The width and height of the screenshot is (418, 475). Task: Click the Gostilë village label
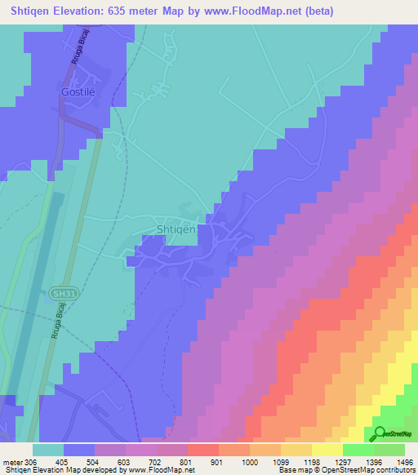[x=78, y=92]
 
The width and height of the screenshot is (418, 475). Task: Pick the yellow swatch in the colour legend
[x=326, y=450]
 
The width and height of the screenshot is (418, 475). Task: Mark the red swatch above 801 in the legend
[x=202, y=450]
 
